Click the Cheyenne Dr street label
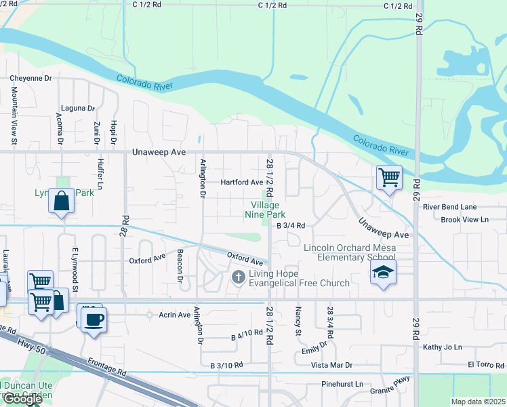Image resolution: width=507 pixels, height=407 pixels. tap(31, 78)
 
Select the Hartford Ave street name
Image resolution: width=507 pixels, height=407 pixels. tap(242, 182)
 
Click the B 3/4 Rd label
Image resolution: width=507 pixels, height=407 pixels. tap(291, 225)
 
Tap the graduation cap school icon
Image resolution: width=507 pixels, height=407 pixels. tap(383, 273)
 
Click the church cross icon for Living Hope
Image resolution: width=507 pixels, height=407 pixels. tap(238, 276)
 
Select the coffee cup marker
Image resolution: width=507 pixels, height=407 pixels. tap(93, 318)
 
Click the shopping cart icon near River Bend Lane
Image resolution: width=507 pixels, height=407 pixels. tap(389, 178)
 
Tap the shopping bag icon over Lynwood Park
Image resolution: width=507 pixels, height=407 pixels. tap(61, 201)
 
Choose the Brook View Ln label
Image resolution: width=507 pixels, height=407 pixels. tap(464, 220)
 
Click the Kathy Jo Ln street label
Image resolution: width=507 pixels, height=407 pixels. tap(442, 347)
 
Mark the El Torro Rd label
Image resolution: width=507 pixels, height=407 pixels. tap(486, 365)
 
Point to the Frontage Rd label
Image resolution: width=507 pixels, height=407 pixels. tap(107, 368)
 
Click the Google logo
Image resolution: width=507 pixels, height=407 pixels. tap(22, 399)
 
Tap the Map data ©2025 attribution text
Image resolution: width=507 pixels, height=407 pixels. tap(478, 402)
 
